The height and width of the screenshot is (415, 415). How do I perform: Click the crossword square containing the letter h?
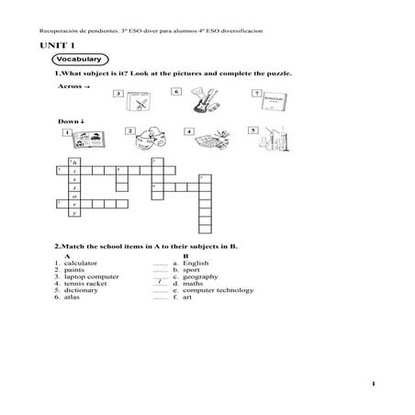pyautogui.click(x=75, y=162)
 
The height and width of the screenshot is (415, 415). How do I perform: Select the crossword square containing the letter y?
pyautogui.click(x=75, y=212)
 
